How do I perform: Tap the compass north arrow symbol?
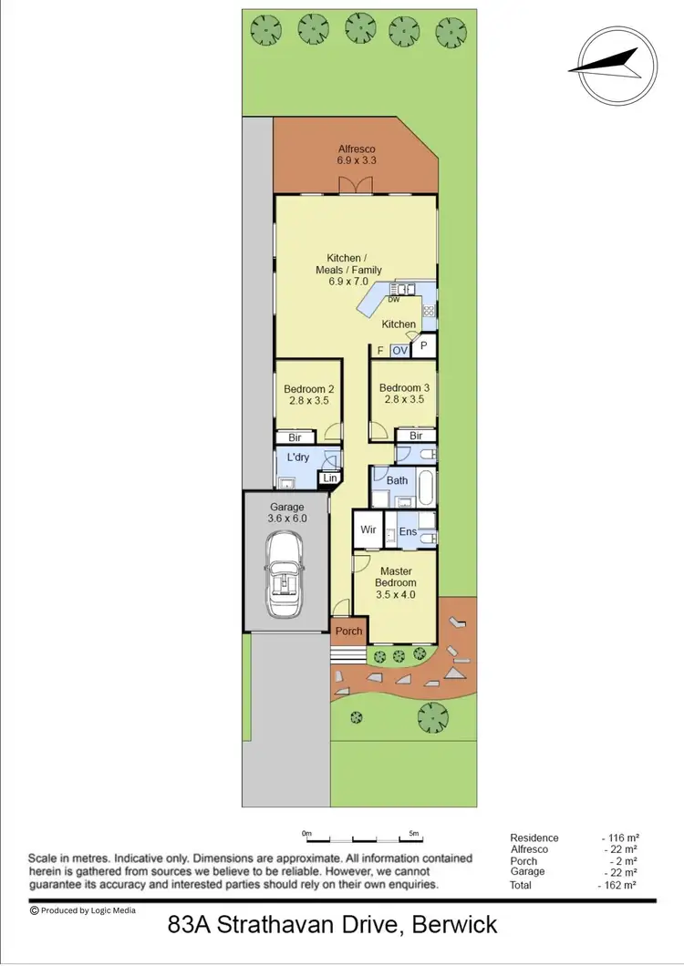click(605, 65)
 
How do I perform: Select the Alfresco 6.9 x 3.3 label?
click(357, 155)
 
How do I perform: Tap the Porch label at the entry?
click(348, 631)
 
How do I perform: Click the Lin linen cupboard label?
click(328, 478)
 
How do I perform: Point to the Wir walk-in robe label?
click(368, 529)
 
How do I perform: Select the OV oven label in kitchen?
click(399, 350)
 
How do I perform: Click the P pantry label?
click(424, 346)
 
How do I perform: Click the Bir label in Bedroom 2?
click(295, 437)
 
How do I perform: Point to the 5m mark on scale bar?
click(413, 833)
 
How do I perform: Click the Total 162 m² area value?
click(617, 884)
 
